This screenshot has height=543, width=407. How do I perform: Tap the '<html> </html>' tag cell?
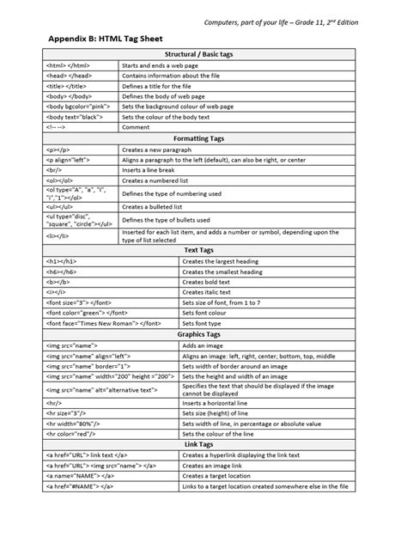pos(59,65)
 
